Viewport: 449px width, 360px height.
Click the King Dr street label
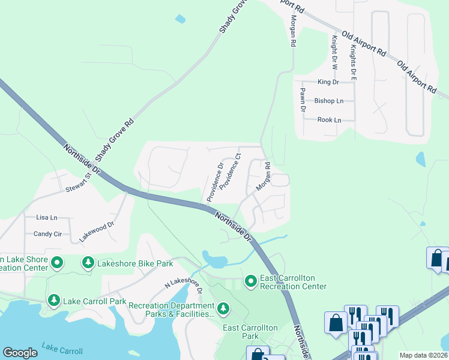click(328, 82)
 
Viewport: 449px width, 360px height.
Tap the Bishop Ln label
click(329, 101)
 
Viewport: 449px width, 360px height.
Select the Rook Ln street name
click(329, 120)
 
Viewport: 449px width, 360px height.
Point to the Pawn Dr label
click(303, 99)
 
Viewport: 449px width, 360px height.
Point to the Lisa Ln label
click(46, 217)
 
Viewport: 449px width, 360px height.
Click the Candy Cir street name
click(47, 234)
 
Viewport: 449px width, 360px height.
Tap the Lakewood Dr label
click(96, 231)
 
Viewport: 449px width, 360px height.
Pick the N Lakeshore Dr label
click(182, 286)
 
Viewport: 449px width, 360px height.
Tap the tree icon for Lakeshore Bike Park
click(88, 263)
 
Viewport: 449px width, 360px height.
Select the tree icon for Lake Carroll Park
click(54, 300)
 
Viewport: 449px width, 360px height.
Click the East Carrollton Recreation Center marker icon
click(250, 281)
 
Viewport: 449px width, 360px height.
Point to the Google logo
click(20, 353)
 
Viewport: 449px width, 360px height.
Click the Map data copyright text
click(423, 355)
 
